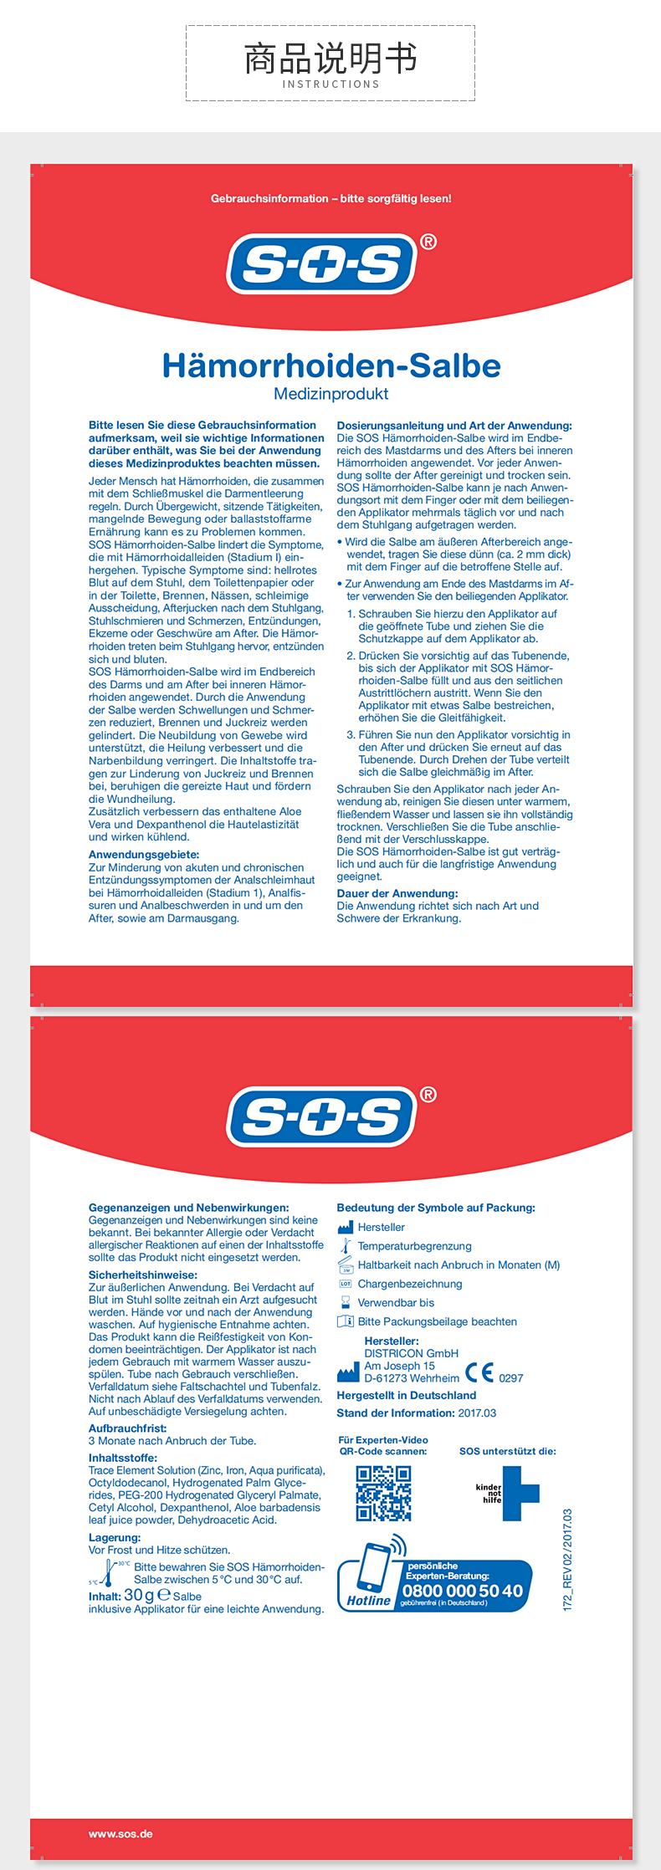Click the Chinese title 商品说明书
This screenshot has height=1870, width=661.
330,59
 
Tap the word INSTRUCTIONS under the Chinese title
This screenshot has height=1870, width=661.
330,84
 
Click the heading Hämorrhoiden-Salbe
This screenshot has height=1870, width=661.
331,365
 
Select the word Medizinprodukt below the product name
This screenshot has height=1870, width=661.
331,394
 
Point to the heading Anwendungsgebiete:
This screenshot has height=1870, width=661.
144,855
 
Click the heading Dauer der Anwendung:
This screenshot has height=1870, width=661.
397,893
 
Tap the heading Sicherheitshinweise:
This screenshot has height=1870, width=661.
143,1275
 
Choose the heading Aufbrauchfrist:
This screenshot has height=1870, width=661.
128,1428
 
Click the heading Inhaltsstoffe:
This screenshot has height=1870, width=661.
123,1458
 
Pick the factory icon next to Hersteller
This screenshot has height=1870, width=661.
346,1227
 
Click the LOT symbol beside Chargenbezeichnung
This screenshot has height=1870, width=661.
346,1284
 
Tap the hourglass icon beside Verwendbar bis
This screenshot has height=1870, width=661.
346,1302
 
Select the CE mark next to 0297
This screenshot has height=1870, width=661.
479,1372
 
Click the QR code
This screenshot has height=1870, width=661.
383,1493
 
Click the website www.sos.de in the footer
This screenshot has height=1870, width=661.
120,1834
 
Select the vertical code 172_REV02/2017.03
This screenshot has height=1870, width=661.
567,1560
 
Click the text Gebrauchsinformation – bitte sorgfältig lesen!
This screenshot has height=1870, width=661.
331,199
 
